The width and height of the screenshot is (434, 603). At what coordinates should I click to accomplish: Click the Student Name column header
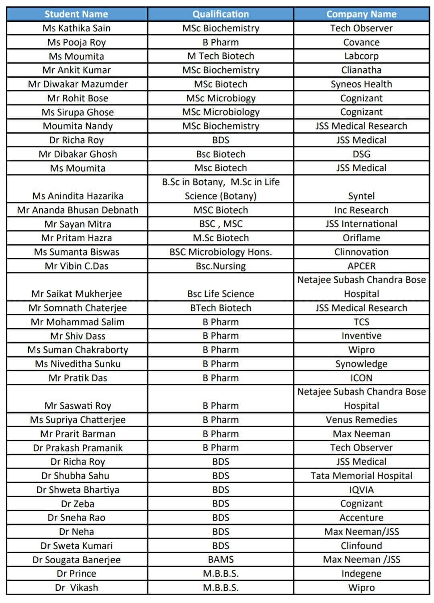coord(76,14)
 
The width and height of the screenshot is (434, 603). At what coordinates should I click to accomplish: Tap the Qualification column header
coord(221,14)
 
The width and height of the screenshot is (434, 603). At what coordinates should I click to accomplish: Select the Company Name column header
coord(361,14)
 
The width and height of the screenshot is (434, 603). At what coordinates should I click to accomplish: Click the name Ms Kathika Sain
coord(76,28)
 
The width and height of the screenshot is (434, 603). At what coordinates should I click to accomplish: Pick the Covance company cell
coord(361,42)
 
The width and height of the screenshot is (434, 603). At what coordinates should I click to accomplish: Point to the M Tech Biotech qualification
coord(221,56)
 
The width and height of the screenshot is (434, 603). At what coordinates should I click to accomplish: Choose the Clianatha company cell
coord(361,70)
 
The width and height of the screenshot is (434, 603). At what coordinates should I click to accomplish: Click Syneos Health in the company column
coord(361,84)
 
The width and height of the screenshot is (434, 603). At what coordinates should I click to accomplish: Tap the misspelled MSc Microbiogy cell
coord(221,98)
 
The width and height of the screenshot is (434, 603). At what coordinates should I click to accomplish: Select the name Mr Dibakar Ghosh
coord(78,154)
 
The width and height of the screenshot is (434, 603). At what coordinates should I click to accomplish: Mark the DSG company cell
coord(361,154)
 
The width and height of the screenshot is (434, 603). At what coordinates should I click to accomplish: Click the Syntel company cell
coord(361,196)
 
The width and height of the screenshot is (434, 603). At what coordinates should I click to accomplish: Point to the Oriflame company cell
coord(361,238)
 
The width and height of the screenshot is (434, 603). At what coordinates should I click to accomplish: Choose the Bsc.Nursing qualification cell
coord(221,266)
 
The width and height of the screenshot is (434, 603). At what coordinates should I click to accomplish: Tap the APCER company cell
coord(361,266)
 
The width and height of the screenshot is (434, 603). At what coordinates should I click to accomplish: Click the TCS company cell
coord(361,322)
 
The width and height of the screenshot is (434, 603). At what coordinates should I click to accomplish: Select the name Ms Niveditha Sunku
coord(78,364)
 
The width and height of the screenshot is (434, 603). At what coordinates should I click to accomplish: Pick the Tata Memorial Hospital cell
coord(361,475)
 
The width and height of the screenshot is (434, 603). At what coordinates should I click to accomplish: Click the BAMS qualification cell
coord(221,560)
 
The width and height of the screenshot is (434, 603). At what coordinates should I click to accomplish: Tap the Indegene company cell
coord(361,573)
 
